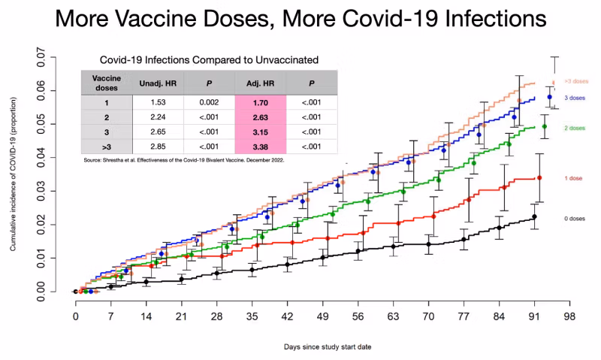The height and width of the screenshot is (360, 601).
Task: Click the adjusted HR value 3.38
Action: coord(260,146)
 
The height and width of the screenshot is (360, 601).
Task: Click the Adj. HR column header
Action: coord(260,80)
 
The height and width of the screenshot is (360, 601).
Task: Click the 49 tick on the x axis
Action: coord(322,316)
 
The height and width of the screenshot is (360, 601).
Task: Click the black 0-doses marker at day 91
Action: coord(534,216)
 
